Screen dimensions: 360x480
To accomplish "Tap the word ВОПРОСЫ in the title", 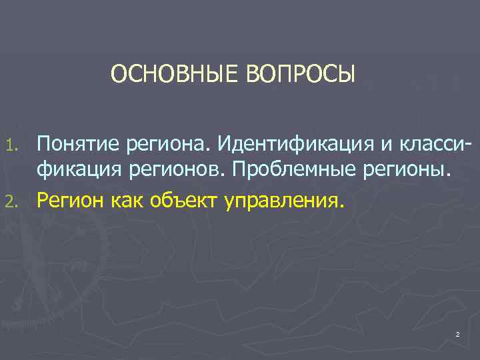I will [301, 74].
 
